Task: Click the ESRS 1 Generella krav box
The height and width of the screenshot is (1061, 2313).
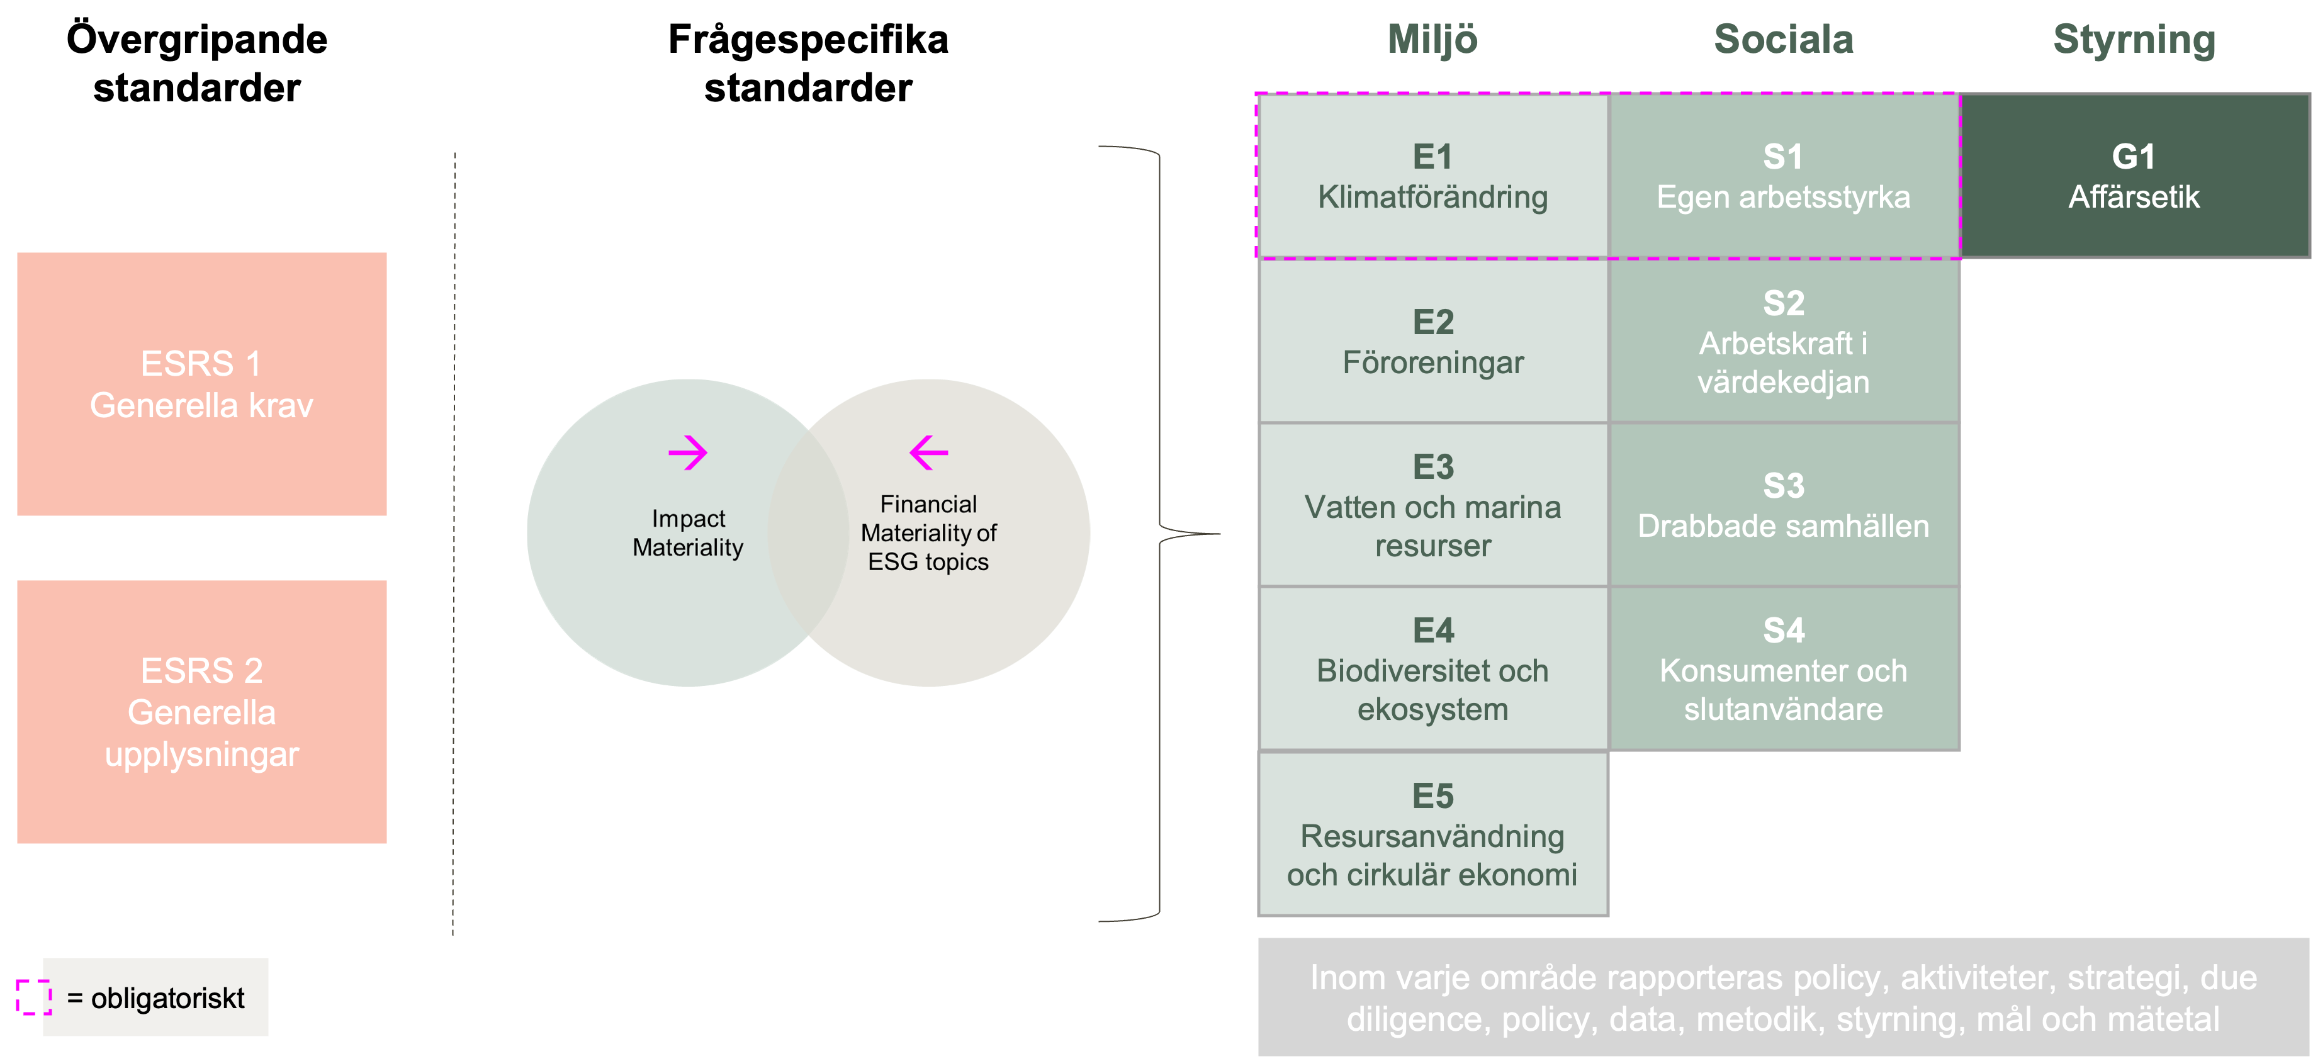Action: click(201, 384)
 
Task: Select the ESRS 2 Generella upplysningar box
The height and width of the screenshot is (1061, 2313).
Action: click(201, 712)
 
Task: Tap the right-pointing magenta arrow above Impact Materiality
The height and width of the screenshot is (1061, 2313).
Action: click(688, 452)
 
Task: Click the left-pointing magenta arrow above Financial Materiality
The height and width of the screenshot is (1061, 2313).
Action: click(928, 452)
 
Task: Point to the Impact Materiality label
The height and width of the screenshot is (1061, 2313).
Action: click(688, 533)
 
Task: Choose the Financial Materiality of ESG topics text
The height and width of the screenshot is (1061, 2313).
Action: click(928, 533)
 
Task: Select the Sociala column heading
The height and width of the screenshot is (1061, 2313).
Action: click(1783, 40)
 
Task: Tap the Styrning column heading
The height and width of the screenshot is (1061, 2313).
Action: click(2134, 40)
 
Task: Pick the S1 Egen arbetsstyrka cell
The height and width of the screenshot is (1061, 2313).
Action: click(1783, 177)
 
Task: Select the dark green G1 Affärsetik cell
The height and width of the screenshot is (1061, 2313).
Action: click(2134, 177)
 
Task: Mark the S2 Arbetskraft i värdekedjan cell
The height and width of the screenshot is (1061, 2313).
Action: click(1783, 341)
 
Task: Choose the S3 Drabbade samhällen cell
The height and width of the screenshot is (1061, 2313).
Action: click(1783, 505)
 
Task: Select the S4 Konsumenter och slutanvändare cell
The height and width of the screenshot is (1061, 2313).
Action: click(1783, 670)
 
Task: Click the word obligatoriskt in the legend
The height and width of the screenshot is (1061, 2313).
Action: click(168, 998)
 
